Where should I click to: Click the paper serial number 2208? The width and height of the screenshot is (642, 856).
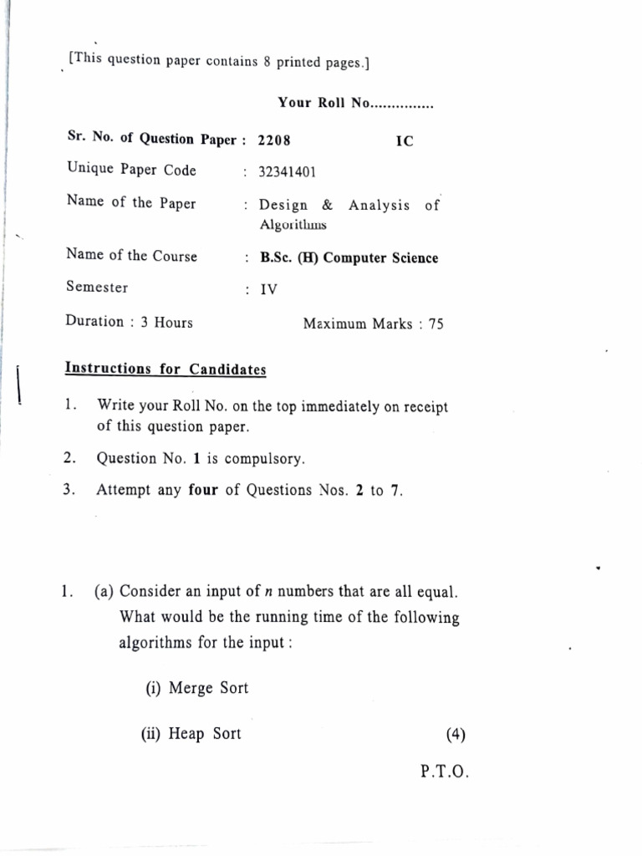click(274, 140)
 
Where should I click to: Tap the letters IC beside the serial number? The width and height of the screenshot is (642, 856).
click(404, 140)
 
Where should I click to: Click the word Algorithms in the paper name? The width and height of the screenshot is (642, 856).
click(293, 225)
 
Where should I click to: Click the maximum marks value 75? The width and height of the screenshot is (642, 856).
click(436, 324)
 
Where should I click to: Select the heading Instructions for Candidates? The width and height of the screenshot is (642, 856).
click(166, 369)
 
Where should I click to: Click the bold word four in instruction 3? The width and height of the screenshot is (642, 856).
click(203, 490)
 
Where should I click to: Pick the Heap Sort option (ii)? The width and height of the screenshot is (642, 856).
click(191, 733)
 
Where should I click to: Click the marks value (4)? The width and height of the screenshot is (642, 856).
click(456, 735)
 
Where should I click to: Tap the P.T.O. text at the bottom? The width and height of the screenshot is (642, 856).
click(446, 773)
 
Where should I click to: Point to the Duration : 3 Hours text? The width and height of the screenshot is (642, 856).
click(129, 323)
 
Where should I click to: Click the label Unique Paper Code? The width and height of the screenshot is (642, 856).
click(131, 171)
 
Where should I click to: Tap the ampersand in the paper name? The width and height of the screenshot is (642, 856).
click(327, 206)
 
